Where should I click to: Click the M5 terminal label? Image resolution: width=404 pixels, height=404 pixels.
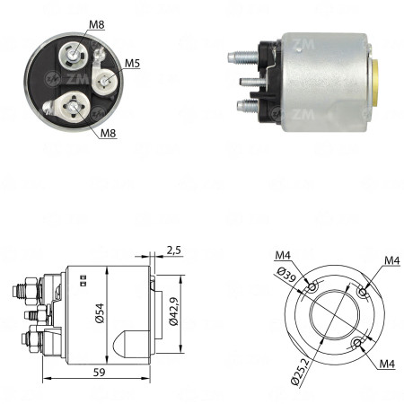[132, 63]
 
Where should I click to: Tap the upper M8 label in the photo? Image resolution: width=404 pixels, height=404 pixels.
[97, 24]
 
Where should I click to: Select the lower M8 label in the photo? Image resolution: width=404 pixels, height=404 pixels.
[108, 133]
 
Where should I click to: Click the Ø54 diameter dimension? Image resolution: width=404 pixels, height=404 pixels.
[100, 313]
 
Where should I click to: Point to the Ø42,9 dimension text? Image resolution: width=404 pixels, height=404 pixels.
[173, 312]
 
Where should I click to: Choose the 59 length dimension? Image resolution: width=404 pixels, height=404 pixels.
[100, 372]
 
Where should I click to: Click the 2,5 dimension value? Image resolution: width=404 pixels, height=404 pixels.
[174, 250]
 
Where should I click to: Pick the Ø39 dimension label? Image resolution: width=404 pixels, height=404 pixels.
[286, 275]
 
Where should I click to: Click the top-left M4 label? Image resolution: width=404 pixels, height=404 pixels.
[283, 255]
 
